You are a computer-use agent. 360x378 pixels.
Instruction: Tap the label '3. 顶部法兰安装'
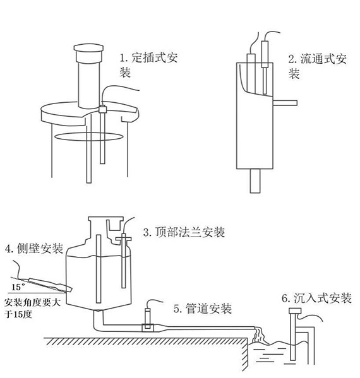click(183, 232)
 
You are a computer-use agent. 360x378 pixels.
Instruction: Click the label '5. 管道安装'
click(202, 309)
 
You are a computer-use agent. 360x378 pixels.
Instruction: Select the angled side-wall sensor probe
click(47, 283)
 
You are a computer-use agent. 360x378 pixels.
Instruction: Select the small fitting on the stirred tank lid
click(101, 110)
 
